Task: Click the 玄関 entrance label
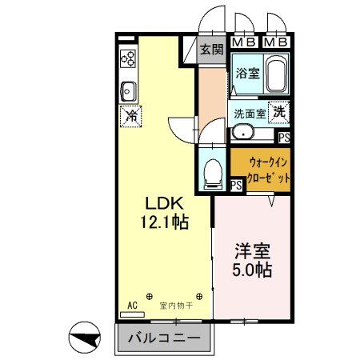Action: [x=211, y=50]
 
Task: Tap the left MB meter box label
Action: [x=244, y=42]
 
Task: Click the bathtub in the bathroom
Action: [x=276, y=76]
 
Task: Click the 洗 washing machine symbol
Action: [x=279, y=112]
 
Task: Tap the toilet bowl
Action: [x=213, y=170]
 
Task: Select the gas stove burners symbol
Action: [x=128, y=58]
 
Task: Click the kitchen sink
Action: [x=128, y=87]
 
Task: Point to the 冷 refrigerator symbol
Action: [x=130, y=115]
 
